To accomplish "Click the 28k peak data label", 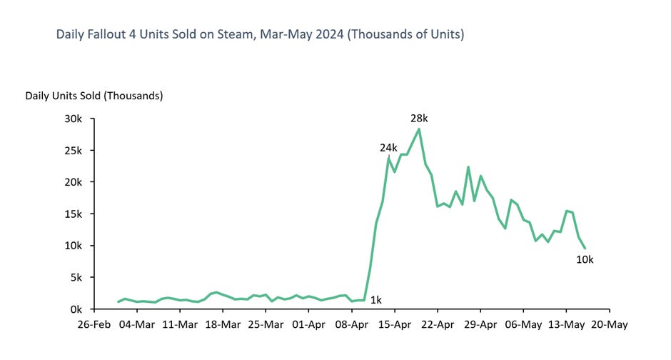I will [x=418, y=117].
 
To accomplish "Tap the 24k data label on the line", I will [x=388, y=148].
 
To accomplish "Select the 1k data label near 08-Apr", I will [x=375, y=301].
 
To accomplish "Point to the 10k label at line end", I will [x=585, y=260].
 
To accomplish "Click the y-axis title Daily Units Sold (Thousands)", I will [x=94, y=95].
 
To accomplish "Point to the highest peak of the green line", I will [x=418, y=129].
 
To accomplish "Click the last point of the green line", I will [x=585, y=249].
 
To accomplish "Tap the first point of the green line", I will [x=118, y=302].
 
